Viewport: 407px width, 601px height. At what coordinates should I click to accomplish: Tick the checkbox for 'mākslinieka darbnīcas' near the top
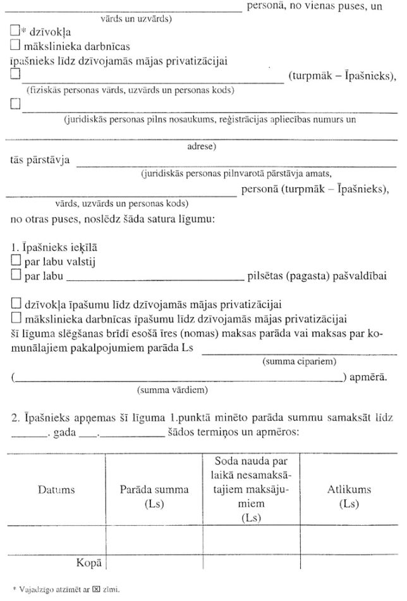(x=16, y=46)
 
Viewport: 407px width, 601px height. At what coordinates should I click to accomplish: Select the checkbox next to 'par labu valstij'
(x=16, y=261)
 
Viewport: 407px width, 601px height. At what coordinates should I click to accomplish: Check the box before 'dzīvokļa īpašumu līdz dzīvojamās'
(x=16, y=304)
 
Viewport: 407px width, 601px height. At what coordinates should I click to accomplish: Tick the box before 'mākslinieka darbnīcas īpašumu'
(x=16, y=318)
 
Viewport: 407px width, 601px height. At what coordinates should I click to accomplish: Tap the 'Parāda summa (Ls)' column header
(x=154, y=497)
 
